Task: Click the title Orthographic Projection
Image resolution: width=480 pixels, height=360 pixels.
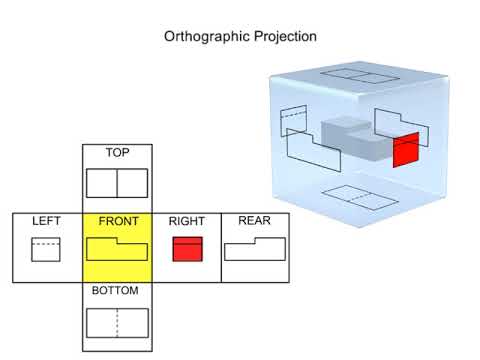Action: click(x=240, y=36)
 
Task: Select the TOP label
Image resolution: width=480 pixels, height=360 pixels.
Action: click(x=117, y=153)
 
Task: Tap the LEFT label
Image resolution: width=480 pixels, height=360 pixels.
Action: click(x=46, y=221)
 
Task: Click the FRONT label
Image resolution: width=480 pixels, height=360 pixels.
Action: click(x=117, y=221)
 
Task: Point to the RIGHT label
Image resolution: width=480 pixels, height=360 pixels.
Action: click(x=187, y=221)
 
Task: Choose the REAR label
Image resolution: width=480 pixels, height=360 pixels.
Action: click(x=254, y=221)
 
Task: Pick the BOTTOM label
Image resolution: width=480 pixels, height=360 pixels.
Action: click(x=117, y=291)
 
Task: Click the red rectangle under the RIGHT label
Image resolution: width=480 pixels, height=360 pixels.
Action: click(x=187, y=249)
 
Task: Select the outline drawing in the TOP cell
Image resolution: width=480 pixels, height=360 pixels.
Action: click(x=117, y=183)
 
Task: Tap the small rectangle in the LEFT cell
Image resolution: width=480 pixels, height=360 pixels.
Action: click(x=46, y=249)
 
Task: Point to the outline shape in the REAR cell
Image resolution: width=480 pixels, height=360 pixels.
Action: click(x=254, y=249)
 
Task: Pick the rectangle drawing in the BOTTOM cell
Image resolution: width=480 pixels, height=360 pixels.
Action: click(x=117, y=322)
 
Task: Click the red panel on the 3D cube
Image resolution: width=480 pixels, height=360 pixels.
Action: click(x=405, y=151)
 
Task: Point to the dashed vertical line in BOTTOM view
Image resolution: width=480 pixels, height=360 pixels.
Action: click(x=117, y=322)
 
